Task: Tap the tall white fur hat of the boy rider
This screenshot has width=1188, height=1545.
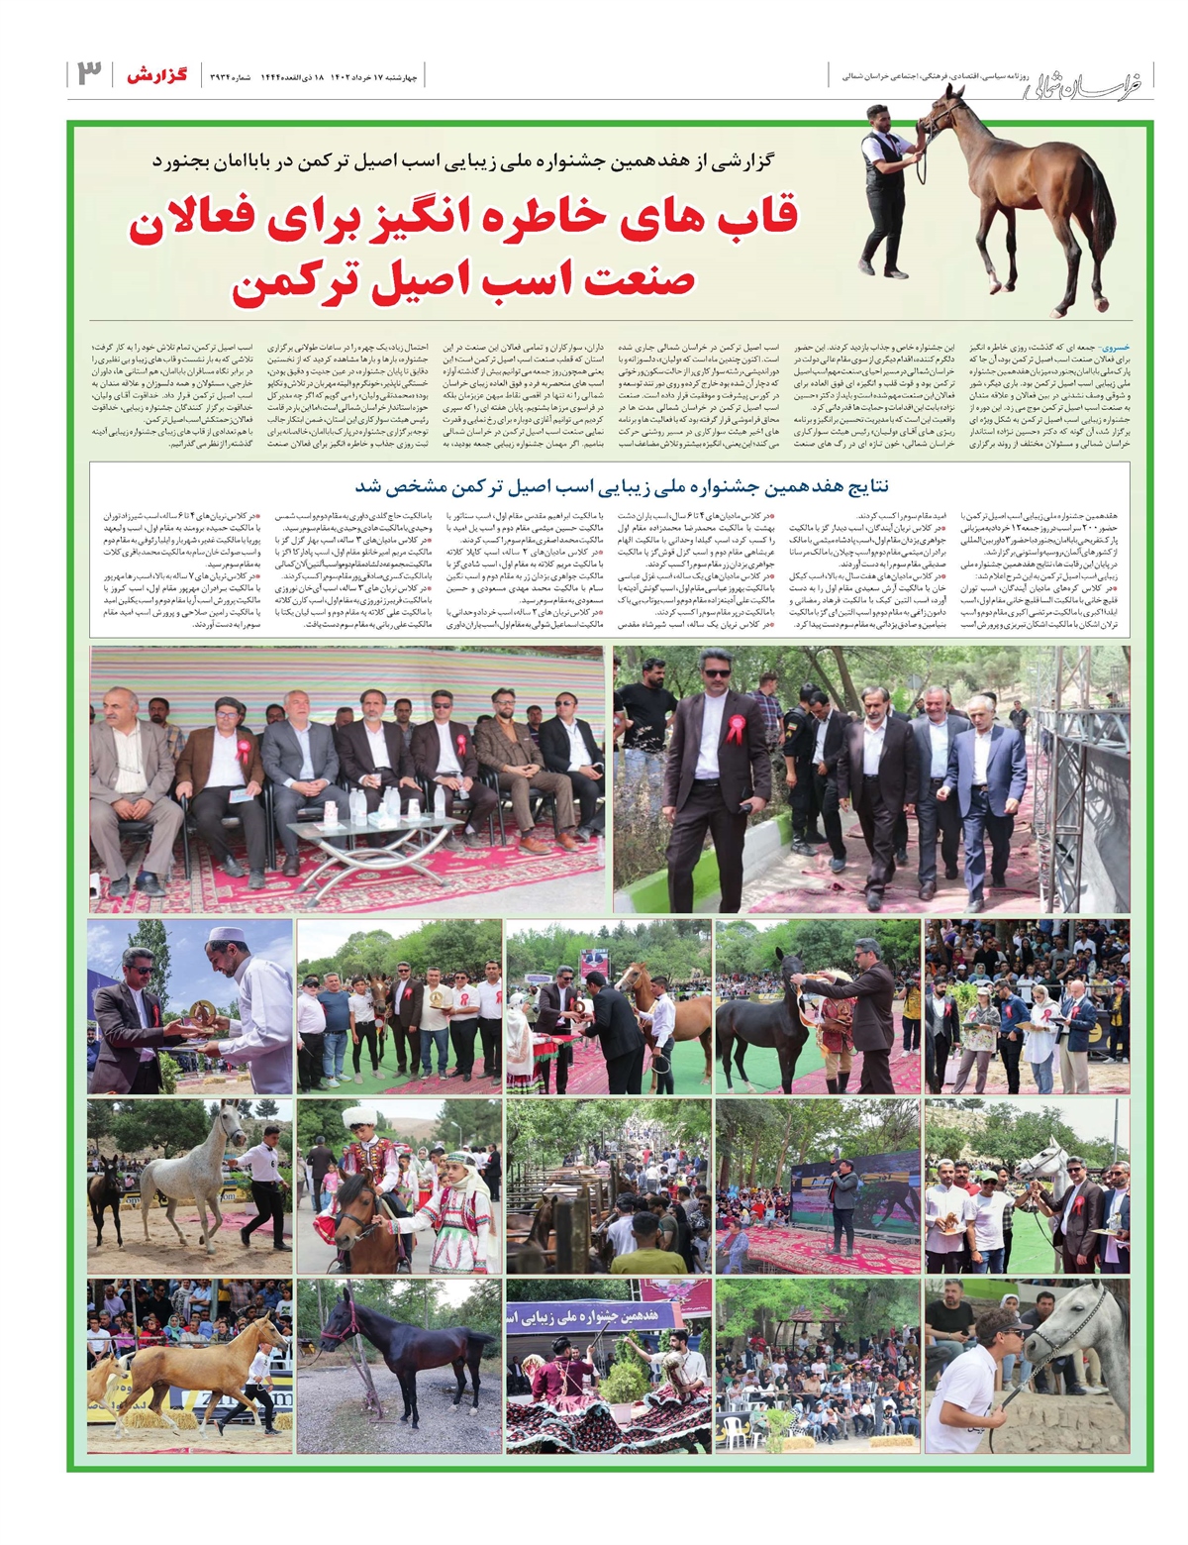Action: coord(355,1119)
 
